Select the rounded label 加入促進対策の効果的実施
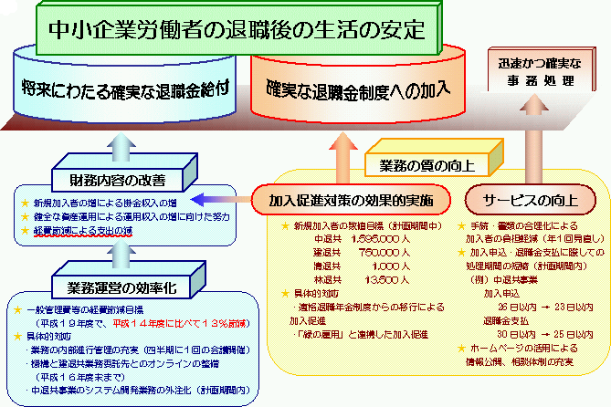352,198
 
